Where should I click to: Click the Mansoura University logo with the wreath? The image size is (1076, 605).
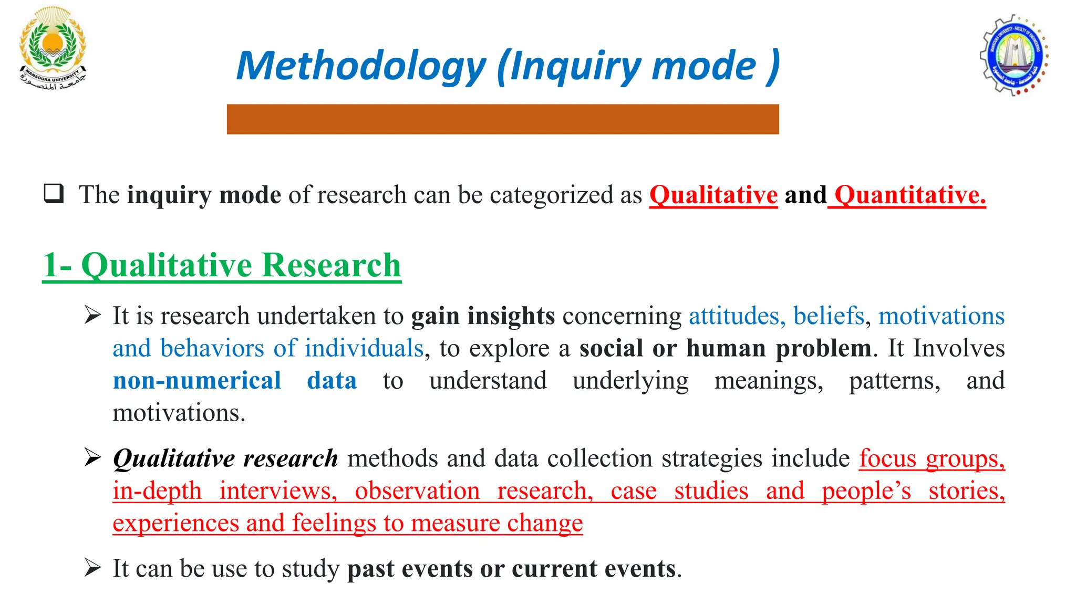pyautogui.click(x=52, y=48)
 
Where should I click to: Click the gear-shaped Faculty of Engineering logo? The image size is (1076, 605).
pyautogui.click(x=1014, y=55)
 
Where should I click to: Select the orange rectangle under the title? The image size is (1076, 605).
pyautogui.click(x=502, y=119)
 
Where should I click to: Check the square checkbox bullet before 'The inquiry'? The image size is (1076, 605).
pyautogui.click(x=54, y=194)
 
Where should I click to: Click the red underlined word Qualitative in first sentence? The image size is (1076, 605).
pyautogui.click(x=713, y=195)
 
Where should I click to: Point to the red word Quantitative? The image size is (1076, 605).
pyautogui.click(x=909, y=195)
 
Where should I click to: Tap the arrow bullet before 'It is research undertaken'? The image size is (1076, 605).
pyautogui.click(x=92, y=315)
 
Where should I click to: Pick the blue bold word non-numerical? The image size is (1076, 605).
pyautogui.click(x=197, y=381)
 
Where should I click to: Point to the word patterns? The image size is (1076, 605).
pyautogui.click(x=894, y=381)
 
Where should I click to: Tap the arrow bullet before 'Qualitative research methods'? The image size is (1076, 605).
pyautogui.click(x=92, y=457)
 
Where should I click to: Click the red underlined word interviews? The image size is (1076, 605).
pyautogui.click(x=278, y=491)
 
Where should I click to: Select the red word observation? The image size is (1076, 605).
pyautogui.click(x=417, y=491)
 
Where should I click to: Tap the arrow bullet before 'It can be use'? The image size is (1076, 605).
pyautogui.click(x=92, y=568)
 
